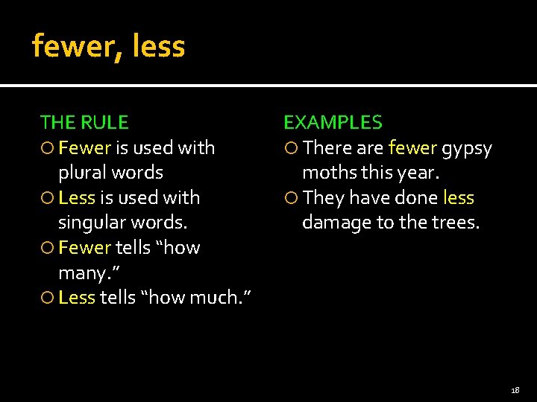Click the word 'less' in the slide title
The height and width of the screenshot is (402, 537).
[158, 47]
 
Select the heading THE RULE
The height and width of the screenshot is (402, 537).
[84, 122]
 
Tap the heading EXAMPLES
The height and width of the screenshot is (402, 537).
[333, 122]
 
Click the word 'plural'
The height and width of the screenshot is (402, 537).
[84, 173]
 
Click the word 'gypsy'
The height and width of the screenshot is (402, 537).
[467, 148]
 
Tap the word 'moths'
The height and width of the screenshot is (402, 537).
[327, 173]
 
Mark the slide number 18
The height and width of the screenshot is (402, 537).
[515, 390]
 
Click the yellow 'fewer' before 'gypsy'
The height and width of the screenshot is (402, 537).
[412, 147]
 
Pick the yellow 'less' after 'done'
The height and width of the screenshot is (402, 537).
[458, 197]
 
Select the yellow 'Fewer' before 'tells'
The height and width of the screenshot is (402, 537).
[84, 247]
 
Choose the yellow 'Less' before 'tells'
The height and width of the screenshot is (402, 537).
[76, 297]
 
